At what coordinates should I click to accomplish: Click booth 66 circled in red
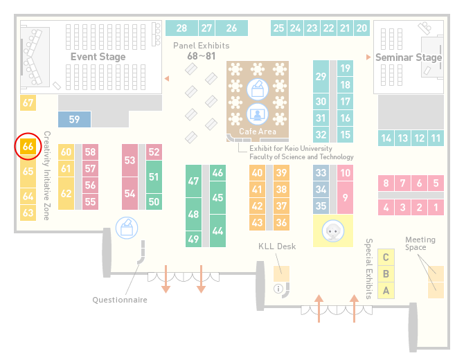coord(28,146)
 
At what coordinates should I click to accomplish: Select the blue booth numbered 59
coord(74,120)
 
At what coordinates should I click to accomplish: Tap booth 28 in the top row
coord(181,28)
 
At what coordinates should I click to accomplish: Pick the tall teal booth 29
coord(321,77)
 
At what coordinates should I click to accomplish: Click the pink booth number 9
coord(345,197)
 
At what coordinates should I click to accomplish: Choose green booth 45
coord(217,197)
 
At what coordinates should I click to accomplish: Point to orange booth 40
coord(257,173)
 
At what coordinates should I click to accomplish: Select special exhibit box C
coord(386,258)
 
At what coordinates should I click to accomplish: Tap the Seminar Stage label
coord(409,57)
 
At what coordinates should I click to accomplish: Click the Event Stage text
coord(98,57)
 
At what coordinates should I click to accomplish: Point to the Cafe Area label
coord(258,132)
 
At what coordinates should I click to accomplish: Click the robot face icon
coord(333,231)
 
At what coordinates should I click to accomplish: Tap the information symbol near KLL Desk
coord(278,289)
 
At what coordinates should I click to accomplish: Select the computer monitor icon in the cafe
coord(258,114)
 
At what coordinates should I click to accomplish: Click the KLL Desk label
coord(277,246)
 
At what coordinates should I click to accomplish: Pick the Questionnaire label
coord(120,300)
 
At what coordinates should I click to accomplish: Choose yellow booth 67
coord(28,103)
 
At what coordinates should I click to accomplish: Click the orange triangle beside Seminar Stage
coord(368,57)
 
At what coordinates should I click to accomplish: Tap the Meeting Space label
coord(420,244)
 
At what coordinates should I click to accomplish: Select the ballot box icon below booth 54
coord(127,228)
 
